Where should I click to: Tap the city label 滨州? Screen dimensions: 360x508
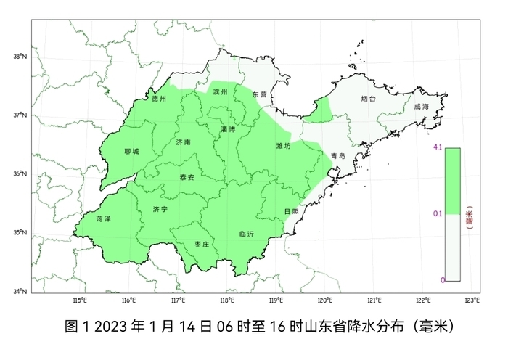(x=221, y=92)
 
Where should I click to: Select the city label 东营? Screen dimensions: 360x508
(x=259, y=94)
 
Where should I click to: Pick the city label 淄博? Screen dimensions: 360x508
(x=227, y=129)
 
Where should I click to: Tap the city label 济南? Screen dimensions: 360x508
(x=184, y=143)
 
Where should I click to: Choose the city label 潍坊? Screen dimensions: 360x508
(x=283, y=146)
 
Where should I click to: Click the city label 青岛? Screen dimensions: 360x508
(x=337, y=156)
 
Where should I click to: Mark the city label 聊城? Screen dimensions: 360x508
(x=131, y=152)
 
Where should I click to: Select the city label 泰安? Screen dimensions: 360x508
(x=187, y=177)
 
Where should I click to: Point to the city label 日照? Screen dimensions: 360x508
(x=291, y=211)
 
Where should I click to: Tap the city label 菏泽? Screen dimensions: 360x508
(x=103, y=218)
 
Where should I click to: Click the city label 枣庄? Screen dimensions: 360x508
(x=202, y=245)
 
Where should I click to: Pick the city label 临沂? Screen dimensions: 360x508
(x=246, y=234)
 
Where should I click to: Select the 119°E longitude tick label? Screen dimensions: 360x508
(x=275, y=300)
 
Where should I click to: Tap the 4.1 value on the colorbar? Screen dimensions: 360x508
(x=437, y=147)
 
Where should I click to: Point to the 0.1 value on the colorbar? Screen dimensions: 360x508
(x=437, y=213)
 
